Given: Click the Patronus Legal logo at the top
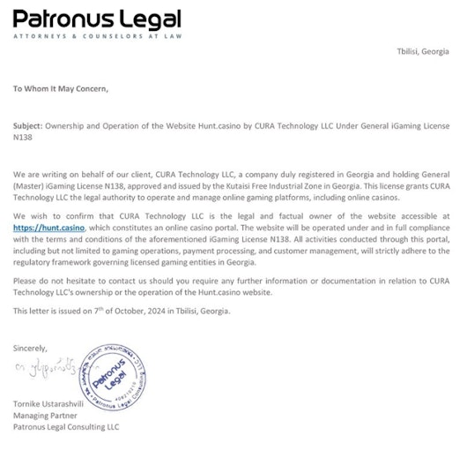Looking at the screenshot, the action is [x=98, y=19].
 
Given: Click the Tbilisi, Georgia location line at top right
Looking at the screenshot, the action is [x=424, y=52].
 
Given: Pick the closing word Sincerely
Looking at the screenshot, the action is [x=31, y=347].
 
